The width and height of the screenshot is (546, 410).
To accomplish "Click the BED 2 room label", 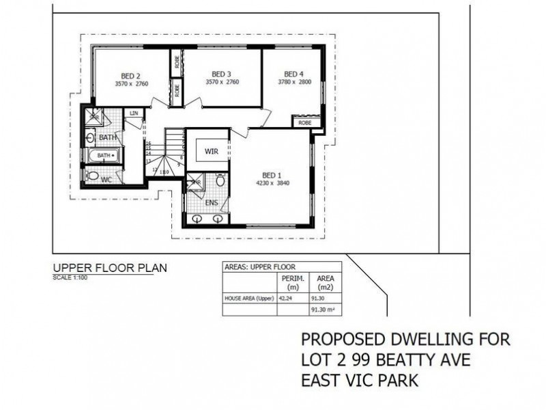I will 131,76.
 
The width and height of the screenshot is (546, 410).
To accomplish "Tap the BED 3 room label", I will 221,74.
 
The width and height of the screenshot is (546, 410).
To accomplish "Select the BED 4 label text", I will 293,74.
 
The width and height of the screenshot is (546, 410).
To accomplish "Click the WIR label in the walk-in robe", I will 212,151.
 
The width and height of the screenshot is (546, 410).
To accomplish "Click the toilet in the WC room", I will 92,176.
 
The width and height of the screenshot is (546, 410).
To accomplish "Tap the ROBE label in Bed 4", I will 304,123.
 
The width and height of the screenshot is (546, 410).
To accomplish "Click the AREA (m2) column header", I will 321,283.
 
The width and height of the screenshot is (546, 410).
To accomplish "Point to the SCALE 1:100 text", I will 66,278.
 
